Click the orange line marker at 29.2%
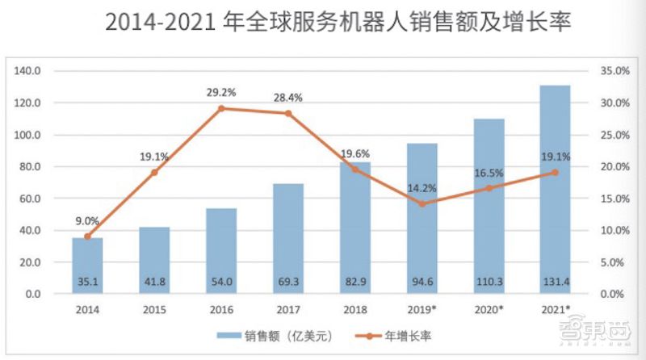click(221, 108)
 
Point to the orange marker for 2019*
click(422, 203)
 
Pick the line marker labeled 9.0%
click(87, 237)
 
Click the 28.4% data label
click(287, 98)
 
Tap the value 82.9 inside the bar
click(355, 283)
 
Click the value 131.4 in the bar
click(556, 283)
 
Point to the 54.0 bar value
click(221, 283)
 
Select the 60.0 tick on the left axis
click(30, 199)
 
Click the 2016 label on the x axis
click(221, 310)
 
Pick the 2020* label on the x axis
click(489, 310)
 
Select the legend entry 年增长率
click(401, 334)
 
